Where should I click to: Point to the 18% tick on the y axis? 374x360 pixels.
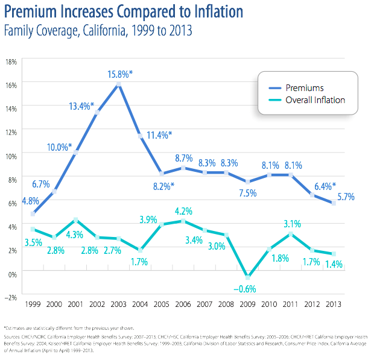click(11, 62)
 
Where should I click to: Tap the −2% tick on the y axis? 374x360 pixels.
click(10, 297)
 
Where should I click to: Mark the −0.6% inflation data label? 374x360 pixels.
click(246, 288)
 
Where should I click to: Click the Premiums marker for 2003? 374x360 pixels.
click(118, 84)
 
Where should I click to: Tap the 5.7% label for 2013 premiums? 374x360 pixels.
click(346, 197)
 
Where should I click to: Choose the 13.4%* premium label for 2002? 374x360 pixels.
click(82, 106)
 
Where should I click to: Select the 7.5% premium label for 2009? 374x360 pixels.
click(248, 193)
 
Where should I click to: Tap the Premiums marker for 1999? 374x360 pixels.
click(33, 213)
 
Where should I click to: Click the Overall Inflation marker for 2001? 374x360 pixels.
click(76, 219)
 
